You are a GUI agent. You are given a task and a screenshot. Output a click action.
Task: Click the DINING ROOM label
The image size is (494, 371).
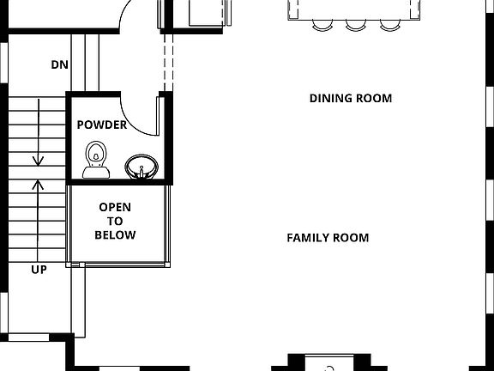350,99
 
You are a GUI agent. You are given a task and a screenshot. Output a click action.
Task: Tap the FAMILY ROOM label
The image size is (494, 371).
328,238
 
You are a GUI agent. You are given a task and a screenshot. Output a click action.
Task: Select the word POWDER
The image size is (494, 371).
102,125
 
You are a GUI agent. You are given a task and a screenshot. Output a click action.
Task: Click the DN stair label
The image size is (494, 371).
59,65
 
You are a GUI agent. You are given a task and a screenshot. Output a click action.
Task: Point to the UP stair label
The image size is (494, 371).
39,270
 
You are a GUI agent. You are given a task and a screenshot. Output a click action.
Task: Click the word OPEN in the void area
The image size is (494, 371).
115,207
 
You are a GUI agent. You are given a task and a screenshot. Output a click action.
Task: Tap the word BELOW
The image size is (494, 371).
115,235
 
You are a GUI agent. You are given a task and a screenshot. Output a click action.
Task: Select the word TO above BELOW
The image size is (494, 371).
115,221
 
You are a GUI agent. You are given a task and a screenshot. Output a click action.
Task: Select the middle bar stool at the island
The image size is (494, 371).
355,25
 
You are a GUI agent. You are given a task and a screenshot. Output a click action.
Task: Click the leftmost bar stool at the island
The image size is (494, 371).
321,25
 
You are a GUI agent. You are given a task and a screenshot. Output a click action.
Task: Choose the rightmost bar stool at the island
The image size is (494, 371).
389,25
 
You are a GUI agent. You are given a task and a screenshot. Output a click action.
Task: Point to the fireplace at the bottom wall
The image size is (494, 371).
328,364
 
